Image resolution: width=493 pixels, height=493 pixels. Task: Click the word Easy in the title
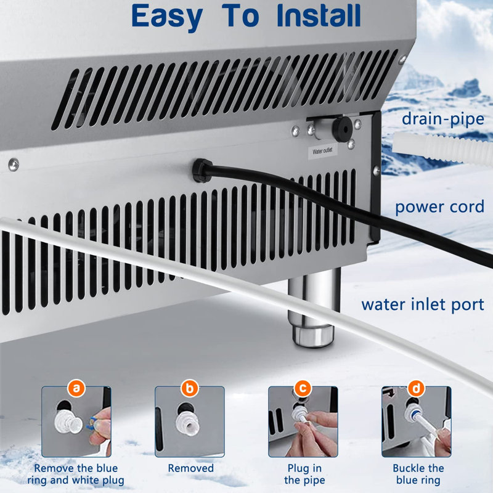[x=165, y=17]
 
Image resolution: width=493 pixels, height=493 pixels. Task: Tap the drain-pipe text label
[x=442, y=118]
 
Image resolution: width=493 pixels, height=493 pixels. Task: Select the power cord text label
[x=439, y=206]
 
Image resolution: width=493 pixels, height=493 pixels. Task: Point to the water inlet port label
[x=423, y=304]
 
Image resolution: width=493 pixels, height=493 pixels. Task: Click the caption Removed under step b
[x=190, y=468]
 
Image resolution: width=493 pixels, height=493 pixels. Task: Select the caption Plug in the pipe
[x=304, y=474]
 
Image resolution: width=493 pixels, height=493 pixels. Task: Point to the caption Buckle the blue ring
[x=417, y=474]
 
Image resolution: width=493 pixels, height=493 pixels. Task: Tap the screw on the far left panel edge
[x=13, y=164]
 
